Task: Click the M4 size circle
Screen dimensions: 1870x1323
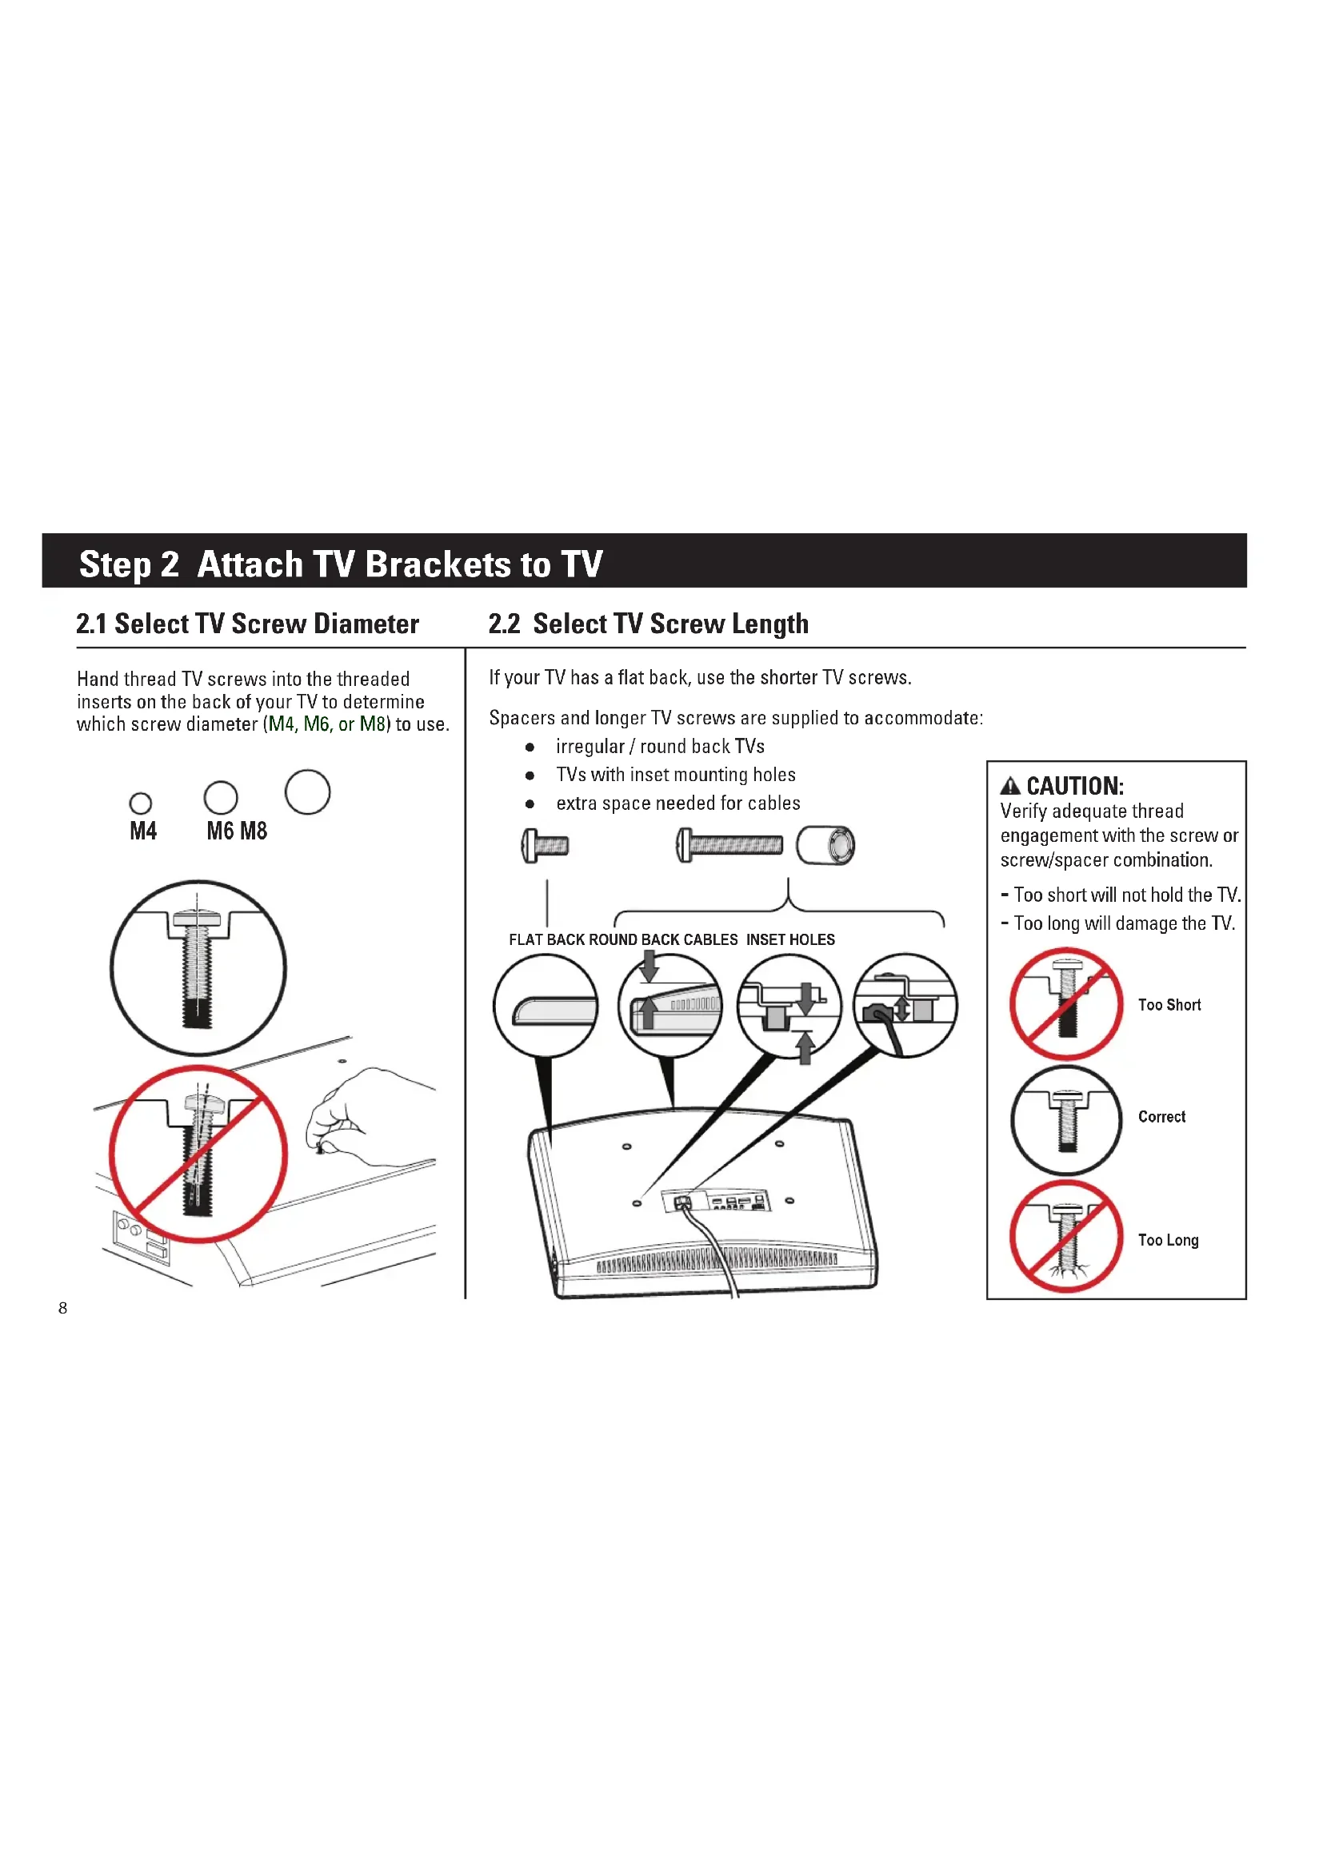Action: click(x=140, y=803)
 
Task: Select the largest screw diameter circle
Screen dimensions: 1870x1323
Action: click(x=307, y=791)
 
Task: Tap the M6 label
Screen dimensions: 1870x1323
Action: click(x=220, y=831)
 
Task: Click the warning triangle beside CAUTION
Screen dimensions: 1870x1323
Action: click(x=1009, y=786)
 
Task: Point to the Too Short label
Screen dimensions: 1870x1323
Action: click(x=1169, y=1005)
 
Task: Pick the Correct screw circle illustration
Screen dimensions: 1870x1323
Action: click(x=1066, y=1120)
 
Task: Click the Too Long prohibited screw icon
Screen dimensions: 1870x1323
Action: click(x=1066, y=1236)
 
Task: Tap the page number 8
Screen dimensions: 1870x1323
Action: click(x=62, y=1308)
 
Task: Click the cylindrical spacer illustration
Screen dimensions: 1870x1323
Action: click(x=826, y=844)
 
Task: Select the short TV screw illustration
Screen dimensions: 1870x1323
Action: click(x=545, y=845)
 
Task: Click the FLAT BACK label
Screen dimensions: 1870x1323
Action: click(x=546, y=940)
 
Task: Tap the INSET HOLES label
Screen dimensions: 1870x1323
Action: click(x=790, y=940)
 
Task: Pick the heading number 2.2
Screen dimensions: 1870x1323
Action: click(x=504, y=624)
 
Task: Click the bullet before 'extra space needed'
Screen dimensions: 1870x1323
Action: click(x=530, y=803)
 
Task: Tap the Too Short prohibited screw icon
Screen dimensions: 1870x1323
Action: click(x=1066, y=1003)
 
